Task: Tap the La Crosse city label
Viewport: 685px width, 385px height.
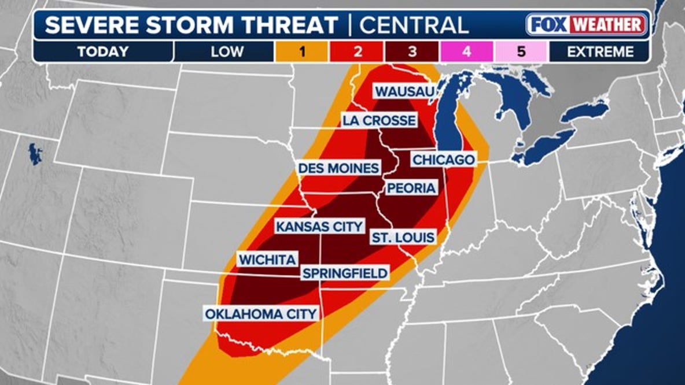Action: [379, 120]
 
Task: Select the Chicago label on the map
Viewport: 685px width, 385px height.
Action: [443, 159]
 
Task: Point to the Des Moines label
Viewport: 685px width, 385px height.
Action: [338, 168]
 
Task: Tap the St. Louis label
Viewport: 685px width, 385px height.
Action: [403, 237]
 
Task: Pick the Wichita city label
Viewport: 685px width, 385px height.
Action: [267, 260]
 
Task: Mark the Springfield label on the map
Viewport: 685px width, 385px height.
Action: [345, 273]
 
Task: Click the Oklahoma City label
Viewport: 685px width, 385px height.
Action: [260, 314]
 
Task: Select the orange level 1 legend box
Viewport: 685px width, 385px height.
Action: [302, 51]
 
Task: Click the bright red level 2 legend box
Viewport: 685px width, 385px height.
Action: [357, 51]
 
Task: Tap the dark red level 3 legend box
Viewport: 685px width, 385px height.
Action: [411, 51]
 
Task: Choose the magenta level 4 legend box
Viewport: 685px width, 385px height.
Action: [466, 51]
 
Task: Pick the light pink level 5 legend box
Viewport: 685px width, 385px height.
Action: [521, 51]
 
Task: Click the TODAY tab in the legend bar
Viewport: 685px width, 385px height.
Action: [102, 51]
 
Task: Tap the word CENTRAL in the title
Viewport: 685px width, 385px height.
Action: [414, 25]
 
